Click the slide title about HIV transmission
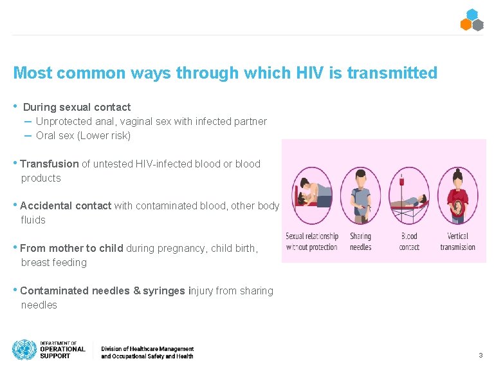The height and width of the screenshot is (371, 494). click(x=224, y=73)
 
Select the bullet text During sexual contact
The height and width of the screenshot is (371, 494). click(x=77, y=107)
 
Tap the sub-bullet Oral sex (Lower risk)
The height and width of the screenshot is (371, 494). click(x=83, y=135)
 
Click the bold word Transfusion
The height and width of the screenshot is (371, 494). click(x=50, y=164)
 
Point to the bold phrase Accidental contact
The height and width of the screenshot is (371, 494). click(x=66, y=205)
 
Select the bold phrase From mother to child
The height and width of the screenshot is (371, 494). click(x=71, y=248)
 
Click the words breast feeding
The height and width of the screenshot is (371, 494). click(x=53, y=262)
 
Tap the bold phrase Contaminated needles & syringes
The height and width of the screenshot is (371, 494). click(x=102, y=290)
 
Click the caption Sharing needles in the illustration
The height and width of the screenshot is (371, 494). click(x=360, y=242)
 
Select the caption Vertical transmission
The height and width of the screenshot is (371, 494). click(x=457, y=242)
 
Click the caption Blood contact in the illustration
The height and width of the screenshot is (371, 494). click(x=409, y=242)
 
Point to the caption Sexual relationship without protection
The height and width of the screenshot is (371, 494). click(x=312, y=242)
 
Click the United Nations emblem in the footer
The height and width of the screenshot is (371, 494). click(x=24, y=350)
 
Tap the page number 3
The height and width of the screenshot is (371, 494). click(x=480, y=356)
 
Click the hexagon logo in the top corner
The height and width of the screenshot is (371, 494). click(x=471, y=20)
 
